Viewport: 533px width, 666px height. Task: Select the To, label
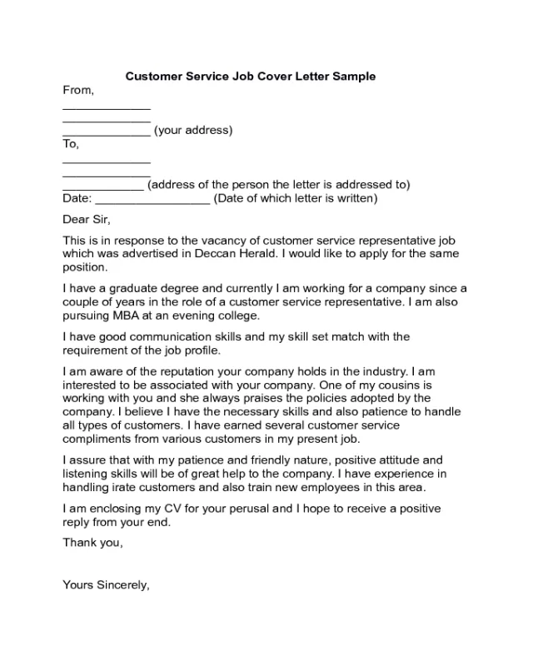72,144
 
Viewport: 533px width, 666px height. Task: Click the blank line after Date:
153,200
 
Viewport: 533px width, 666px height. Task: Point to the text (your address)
193,131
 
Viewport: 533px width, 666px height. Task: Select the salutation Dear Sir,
87,220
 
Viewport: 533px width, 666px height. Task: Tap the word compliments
97,439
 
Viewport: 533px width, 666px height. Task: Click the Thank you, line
93,543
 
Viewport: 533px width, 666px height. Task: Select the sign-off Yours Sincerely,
106,584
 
